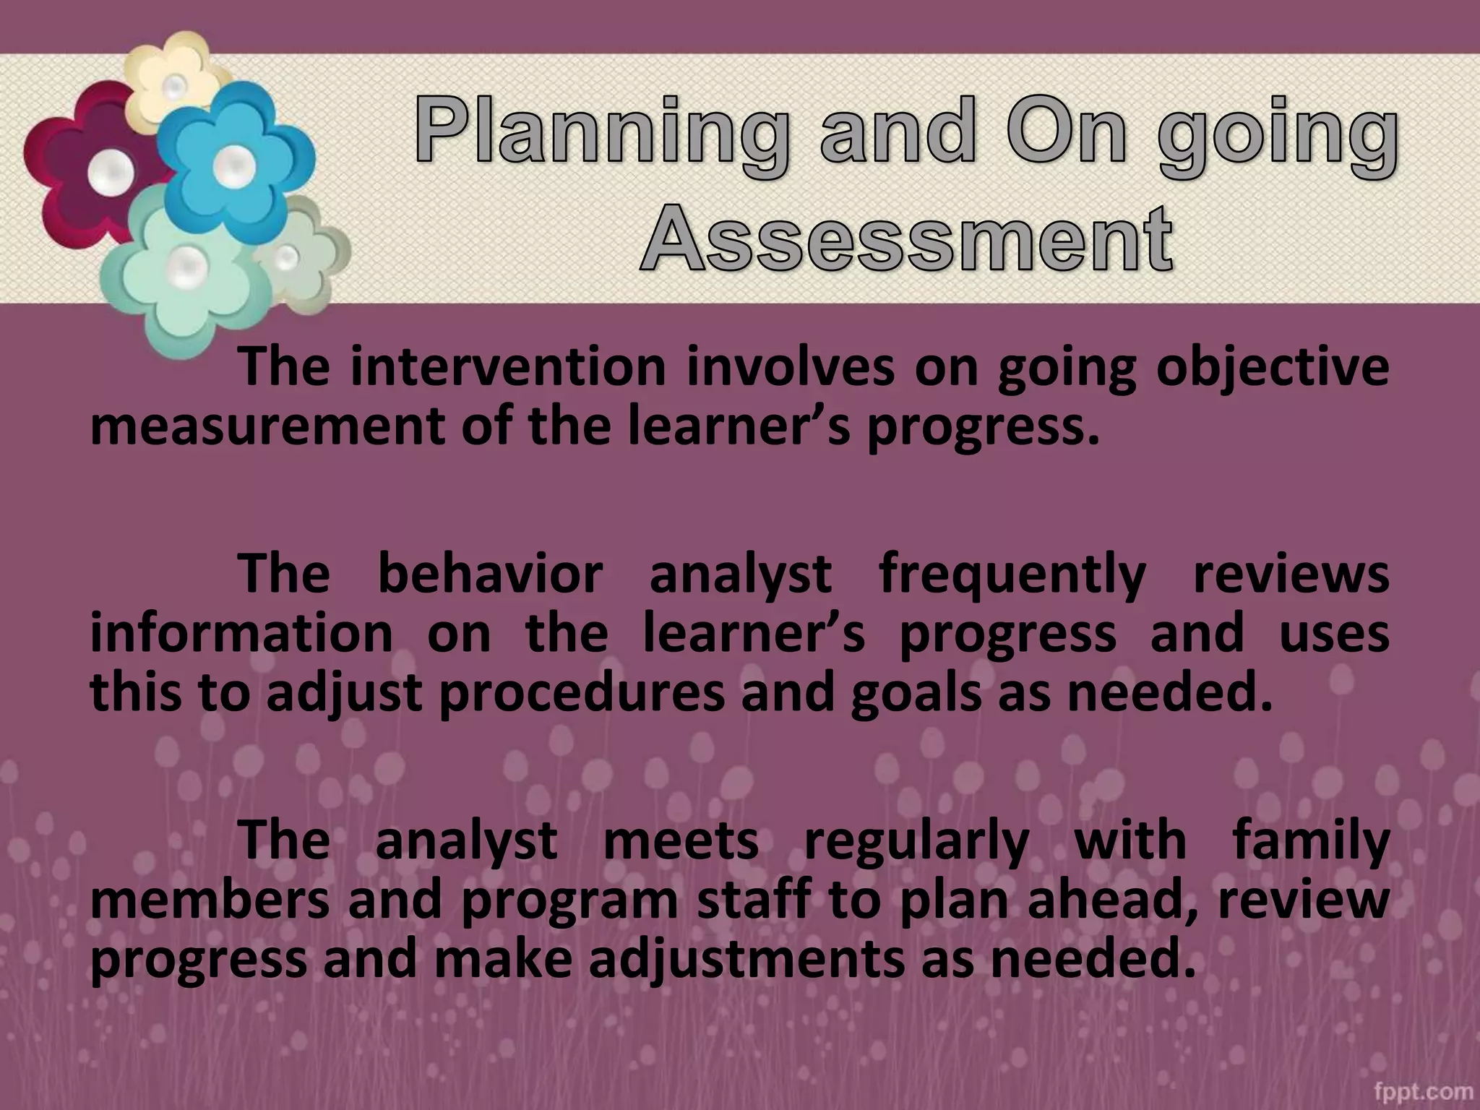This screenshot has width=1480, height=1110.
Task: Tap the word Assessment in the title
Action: click(x=906, y=238)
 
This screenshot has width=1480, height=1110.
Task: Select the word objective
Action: click(x=1272, y=369)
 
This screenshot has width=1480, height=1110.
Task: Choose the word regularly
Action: click(x=916, y=841)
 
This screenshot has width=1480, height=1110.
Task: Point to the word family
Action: click(x=1310, y=841)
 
